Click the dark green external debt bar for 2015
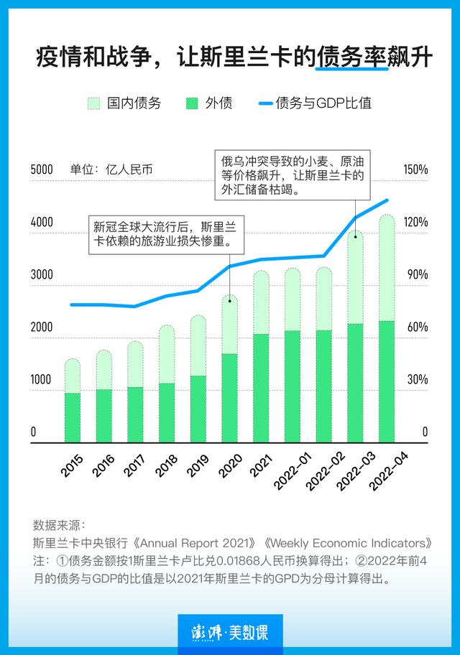[73, 417]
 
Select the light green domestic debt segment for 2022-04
[387, 267]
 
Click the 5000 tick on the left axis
[42, 170]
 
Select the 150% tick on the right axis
[415, 170]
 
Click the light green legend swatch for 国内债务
[94, 103]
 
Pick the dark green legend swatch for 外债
[192, 103]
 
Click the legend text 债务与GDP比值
[323, 103]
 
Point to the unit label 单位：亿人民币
[111, 170]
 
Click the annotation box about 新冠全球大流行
[165, 233]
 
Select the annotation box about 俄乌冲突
[292, 175]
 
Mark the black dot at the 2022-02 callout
[355, 234]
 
